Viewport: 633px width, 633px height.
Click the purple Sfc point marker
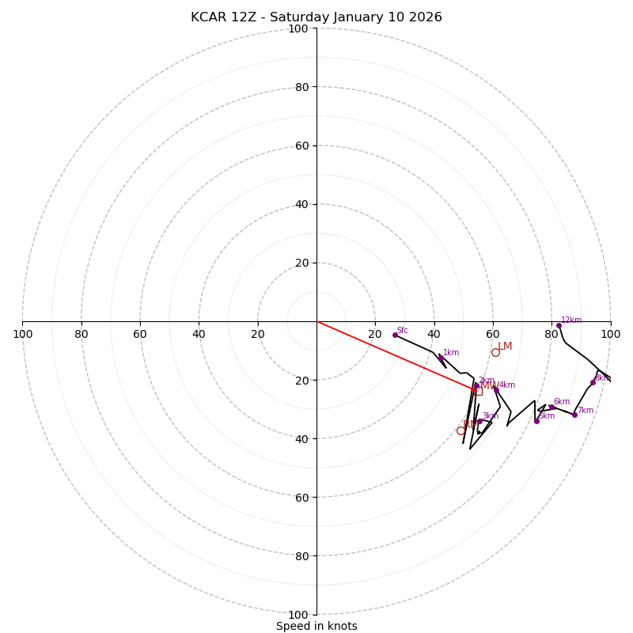[395, 335]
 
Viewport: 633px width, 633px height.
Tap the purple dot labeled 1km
[441, 358]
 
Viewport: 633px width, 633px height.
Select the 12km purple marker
[559, 325]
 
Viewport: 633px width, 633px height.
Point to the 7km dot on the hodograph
[574, 415]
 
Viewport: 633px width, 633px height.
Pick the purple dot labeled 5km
[536, 421]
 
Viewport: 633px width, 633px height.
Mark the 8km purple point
[593, 382]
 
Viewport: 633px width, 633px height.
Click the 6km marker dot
[552, 407]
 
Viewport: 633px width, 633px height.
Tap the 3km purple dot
[479, 421]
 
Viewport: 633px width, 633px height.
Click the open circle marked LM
[495, 352]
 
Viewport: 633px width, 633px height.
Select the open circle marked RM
[461, 430]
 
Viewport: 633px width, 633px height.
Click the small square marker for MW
[478, 391]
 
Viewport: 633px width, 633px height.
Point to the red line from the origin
[396, 355]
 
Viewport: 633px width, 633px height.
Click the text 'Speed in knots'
[316, 626]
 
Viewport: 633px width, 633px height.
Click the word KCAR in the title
[208, 17]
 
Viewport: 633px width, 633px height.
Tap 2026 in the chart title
[426, 17]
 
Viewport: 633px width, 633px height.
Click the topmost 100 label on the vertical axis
[298, 28]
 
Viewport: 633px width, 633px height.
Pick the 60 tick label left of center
[140, 334]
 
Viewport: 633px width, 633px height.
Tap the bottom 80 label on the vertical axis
[301, 555]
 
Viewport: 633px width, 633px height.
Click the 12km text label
[571, 320]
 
